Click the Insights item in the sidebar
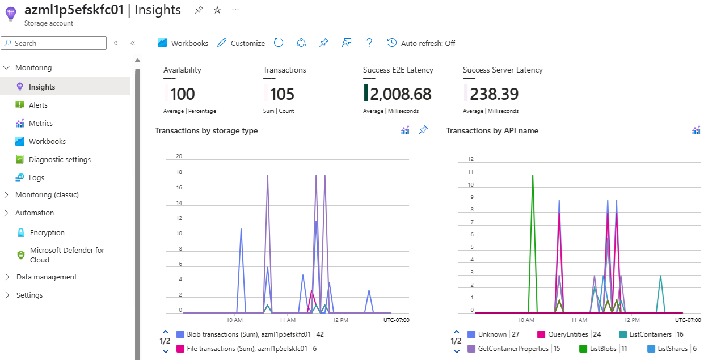point(42,87)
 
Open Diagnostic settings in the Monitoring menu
point(60,159)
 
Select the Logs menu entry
point(36,177)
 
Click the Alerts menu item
point(38,105)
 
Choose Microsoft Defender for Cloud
point(66,255)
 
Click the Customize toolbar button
point(241,43)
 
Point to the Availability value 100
point(182,94)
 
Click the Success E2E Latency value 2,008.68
point(401,94)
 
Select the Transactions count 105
point(282,94)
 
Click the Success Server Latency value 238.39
point(494,94)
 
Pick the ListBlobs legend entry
point(602,349)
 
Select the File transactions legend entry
point(247,349)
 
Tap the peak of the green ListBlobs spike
point(533,175)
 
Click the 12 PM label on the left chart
point(340,320)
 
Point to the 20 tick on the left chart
point(179,156)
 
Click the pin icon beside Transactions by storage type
point(423,130)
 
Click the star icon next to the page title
point(217,10)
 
